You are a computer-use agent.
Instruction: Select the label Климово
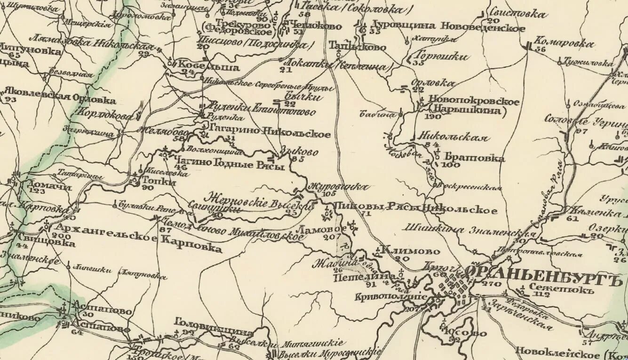coord(411,251)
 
